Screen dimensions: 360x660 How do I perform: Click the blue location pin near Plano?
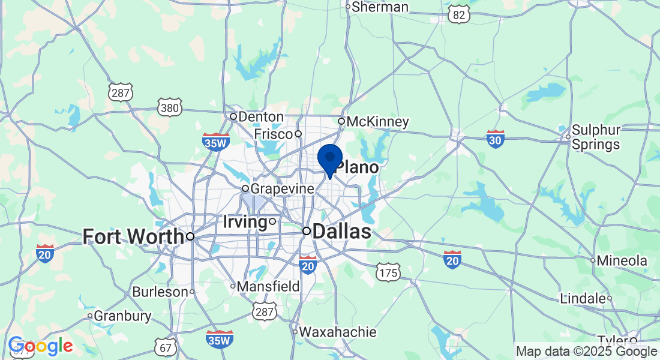click(329, 158)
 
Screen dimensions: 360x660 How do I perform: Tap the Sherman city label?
click(380, 7)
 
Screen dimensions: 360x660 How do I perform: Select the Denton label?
click(261, 116)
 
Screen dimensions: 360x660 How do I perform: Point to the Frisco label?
click(273, 133)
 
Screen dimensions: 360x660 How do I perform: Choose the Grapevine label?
click(282, 188)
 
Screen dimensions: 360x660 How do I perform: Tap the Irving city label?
click(245, 222)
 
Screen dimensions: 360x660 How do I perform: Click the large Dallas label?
click(341, 232)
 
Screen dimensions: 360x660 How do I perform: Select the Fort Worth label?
click(133, 236)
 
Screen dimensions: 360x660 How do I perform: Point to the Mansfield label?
click(268, 286)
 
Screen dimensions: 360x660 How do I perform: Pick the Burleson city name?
click(160, 292)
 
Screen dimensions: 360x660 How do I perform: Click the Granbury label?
click(122, 316)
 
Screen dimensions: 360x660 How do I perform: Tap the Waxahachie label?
click(338, 332)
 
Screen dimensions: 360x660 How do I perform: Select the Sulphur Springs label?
click(595, 137)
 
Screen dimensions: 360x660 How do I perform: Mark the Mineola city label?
click(622, 260)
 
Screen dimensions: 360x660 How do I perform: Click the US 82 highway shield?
click(459, 15)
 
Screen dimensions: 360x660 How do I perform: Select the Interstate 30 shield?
click(496, 139)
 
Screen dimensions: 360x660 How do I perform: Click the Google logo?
click(41, 346)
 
